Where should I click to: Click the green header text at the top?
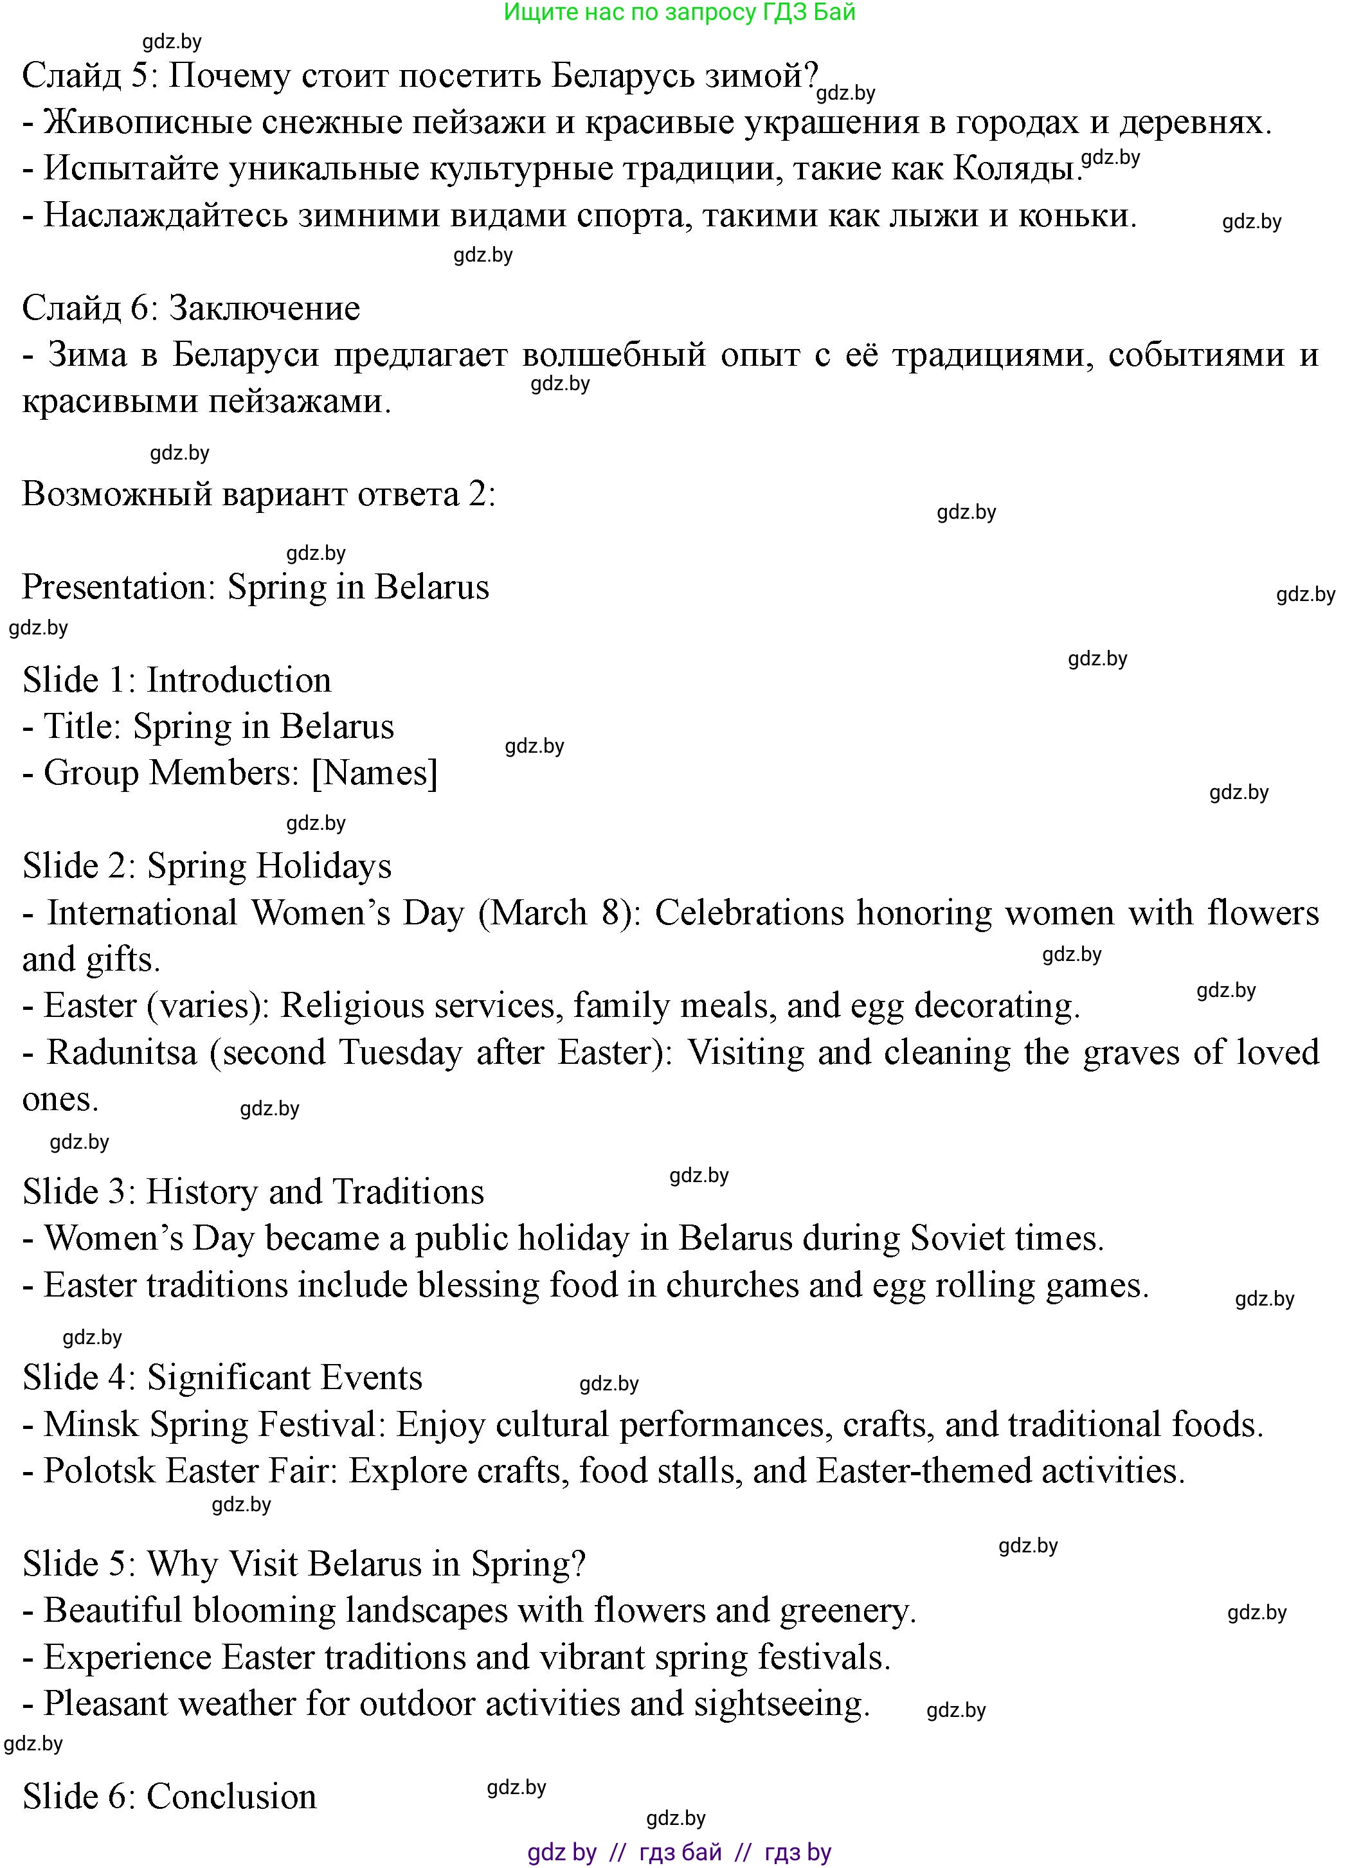tap(680, 12)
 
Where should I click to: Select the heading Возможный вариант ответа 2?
tap(258, 494)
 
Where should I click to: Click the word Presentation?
tap(118, 588)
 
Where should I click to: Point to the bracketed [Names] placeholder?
tap(375, 773)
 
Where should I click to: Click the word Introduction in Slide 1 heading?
tap(239, 680)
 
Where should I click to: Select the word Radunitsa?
tap(122, 1053)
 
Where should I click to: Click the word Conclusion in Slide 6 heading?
tap(231, 1797)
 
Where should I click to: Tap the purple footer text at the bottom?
tap(680, 1853)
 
